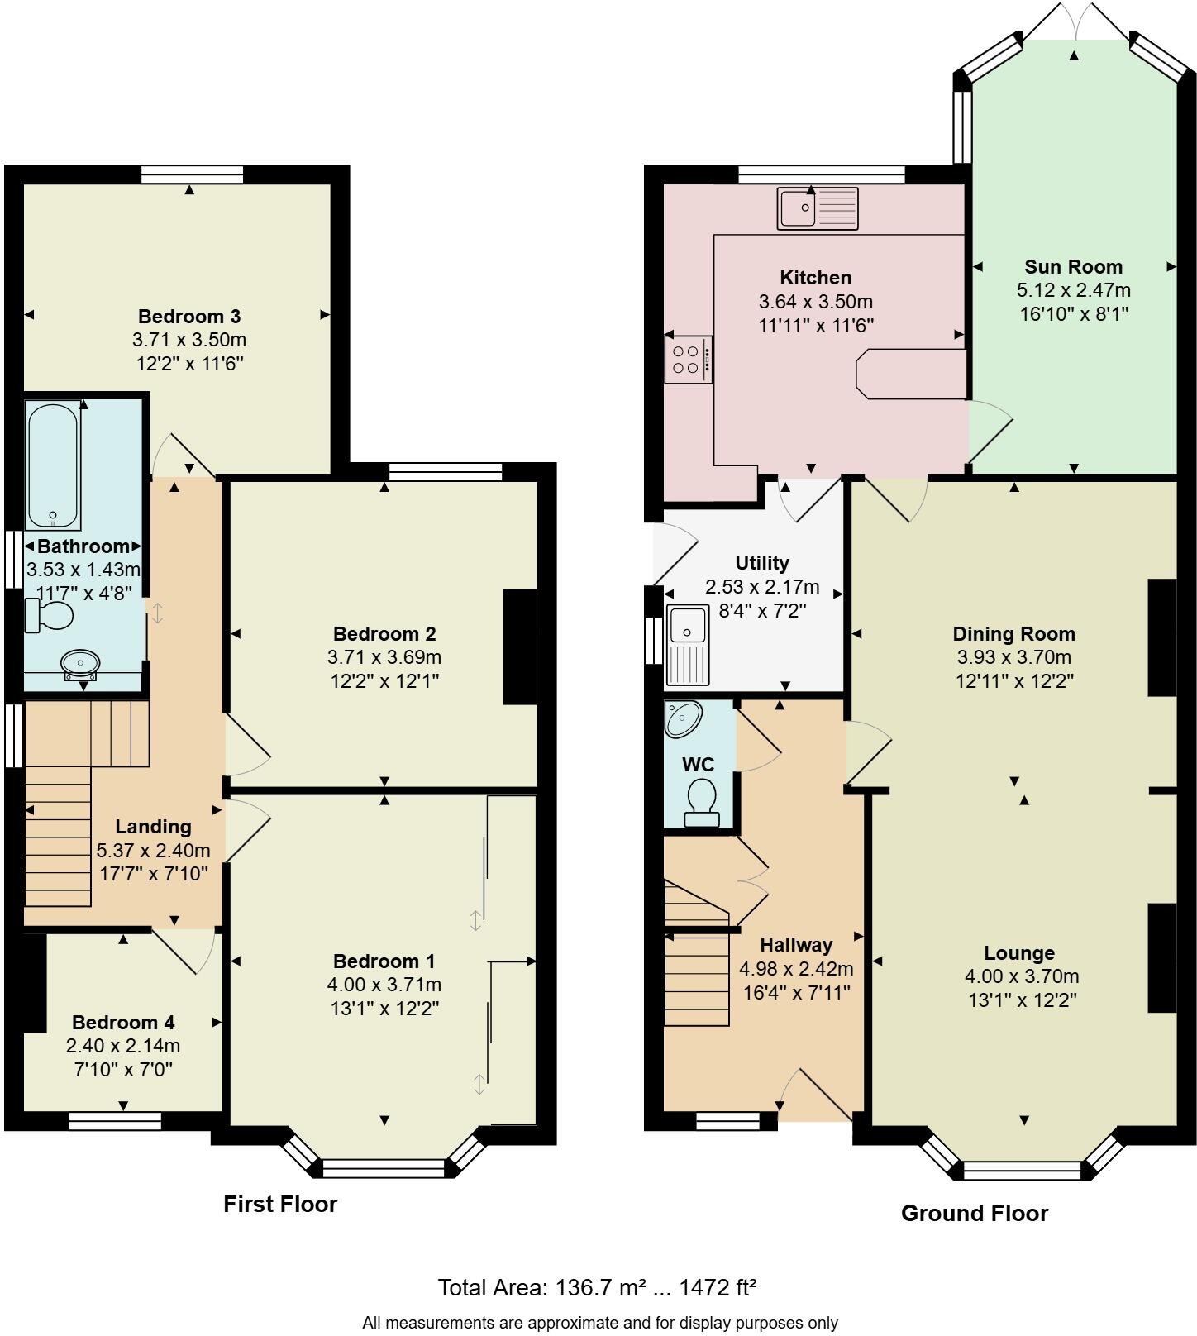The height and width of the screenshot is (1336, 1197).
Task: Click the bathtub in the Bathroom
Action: pos(53,465)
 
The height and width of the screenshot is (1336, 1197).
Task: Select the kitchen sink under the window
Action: pos(818,208)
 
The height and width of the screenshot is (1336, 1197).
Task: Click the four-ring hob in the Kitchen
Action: pos(688,359)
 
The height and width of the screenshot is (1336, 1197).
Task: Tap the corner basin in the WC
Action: pos(684,718)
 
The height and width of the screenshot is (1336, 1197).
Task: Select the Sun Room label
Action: pos(1073,267)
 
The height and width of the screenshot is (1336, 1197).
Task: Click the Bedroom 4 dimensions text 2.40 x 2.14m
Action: pos(123,1046)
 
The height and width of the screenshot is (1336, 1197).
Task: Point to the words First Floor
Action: pos(280,1204)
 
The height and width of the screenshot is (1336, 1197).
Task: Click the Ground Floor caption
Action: pos(974,1213)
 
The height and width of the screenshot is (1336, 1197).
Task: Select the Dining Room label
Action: pos(1013,634)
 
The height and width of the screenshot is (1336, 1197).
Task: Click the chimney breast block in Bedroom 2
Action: pos(520,647)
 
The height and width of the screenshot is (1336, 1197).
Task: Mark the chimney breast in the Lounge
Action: pos(1161,957)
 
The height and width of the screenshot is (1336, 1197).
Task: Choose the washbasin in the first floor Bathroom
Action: pos(81,662)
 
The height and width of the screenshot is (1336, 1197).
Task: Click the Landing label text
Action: pos(153,827)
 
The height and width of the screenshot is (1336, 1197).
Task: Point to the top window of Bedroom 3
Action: pos(192,174)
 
